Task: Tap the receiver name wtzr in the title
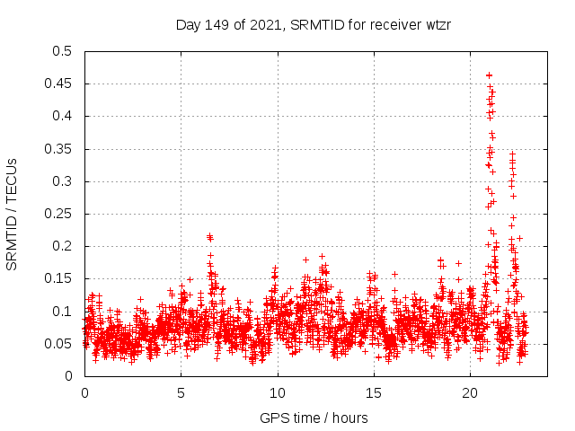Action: click(435, 24)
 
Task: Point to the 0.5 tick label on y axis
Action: click(62, 51)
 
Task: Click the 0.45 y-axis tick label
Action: click(58, 84)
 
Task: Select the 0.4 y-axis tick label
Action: click(62, 116)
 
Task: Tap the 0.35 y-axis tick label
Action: click(58, 149)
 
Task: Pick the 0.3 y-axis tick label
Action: click(62, 181)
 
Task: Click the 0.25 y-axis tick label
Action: click(58, 214)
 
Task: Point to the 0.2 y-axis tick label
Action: click(62, 246)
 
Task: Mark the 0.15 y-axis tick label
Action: click(58, 278)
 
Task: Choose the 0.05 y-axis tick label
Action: click(58, 344)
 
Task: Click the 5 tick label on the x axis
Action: click(181, 392)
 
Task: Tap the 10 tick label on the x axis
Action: click(278, 392)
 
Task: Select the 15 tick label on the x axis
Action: click(374, 392)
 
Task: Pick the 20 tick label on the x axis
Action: click(470, 392)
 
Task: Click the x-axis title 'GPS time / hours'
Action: click(314, 418)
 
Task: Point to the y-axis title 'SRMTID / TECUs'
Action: click(13, 214)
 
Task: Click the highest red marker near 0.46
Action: click(489, 75)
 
